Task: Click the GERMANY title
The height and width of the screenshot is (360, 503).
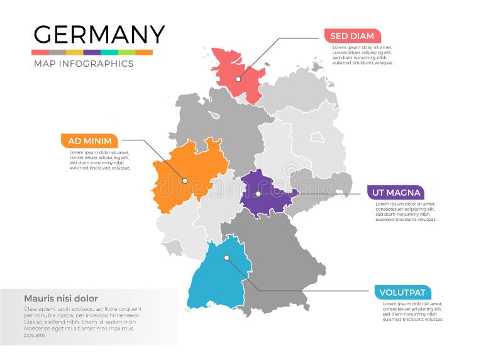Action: (99, 34)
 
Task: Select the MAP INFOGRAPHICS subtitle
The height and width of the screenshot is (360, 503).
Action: (83, 64)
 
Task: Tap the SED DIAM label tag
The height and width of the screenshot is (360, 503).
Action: (352, 36)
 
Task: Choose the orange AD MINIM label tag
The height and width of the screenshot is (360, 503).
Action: (89, 141)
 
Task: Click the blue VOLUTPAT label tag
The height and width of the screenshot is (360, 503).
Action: (403, 292)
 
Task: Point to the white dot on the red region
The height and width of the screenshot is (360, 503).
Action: (238, 79)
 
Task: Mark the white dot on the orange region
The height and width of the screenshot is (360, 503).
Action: (185, 181)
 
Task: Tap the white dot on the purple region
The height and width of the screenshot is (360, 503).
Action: (258, 194)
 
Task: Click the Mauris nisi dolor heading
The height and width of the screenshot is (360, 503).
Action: (60, 298)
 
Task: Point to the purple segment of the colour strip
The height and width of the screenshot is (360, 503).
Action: (92, 52)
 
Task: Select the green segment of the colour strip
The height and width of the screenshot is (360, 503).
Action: (126, 52)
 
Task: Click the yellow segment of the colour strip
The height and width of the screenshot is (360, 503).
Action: (75, 52)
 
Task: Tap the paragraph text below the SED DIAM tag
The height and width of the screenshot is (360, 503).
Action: (362, 55)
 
